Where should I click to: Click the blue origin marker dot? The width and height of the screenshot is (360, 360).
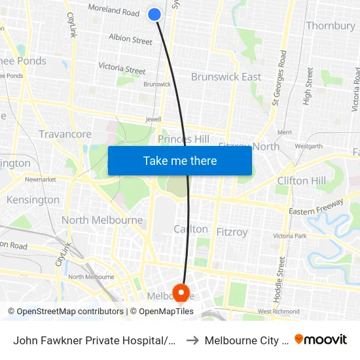click(155, 14)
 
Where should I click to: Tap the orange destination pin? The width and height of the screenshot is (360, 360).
click(180, 292)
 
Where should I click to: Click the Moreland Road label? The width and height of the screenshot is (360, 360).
click(113, 12)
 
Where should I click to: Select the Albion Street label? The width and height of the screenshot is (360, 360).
click(130, 40)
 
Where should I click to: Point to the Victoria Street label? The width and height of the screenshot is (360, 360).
click(122, 67)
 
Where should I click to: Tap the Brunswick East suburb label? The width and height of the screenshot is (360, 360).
click(226, 77)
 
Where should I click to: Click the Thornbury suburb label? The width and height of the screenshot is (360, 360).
click(331, 26)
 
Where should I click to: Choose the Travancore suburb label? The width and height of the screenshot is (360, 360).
click(65, 134)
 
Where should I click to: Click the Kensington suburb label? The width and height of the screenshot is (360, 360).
click(33, 200)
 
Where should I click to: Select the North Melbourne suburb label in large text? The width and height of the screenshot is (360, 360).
click(102, 220)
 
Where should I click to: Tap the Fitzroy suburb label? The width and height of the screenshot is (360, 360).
click(232, 232)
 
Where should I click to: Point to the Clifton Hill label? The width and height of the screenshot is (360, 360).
click(302, 181)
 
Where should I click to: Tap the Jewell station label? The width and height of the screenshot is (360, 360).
click(154, 120)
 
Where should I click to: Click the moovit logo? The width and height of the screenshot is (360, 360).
click(321, 339)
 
